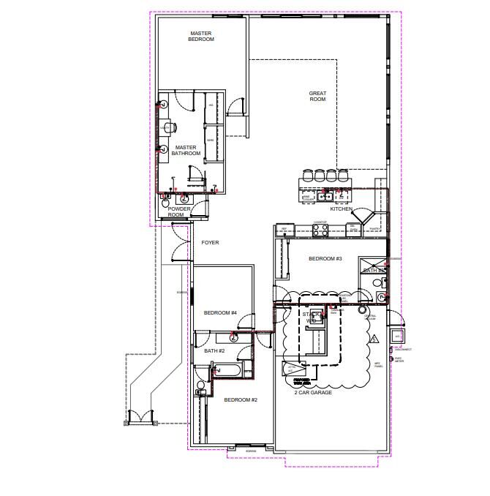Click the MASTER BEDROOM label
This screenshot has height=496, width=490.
[x=201, y=36]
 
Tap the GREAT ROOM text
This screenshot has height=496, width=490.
[x=317, y=96]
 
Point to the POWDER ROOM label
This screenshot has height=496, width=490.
[x=179, y=211]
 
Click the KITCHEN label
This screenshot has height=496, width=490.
[x=341, y=209]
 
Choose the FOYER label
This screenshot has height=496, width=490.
[x=210, y=242]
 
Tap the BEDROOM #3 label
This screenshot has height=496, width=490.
[x=325, y=259]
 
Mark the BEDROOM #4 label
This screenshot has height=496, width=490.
[x=220, y=313]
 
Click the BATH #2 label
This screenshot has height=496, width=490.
[x=214, y=351]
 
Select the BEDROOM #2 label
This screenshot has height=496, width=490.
[x=241, y=399]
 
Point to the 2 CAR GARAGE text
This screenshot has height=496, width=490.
[x=314, y=393]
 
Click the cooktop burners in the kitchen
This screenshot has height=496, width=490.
[x=320, y=229]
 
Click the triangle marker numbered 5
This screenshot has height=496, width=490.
[x=373, y=339]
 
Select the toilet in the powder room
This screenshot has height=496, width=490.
[x=184, y=197]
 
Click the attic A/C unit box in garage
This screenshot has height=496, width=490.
[x=292, y=367]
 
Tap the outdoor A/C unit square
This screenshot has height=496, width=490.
[x=397, y=336]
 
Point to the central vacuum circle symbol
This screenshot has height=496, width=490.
[x=361, y=310]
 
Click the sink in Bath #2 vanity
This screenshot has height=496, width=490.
[x=233, y=337]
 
